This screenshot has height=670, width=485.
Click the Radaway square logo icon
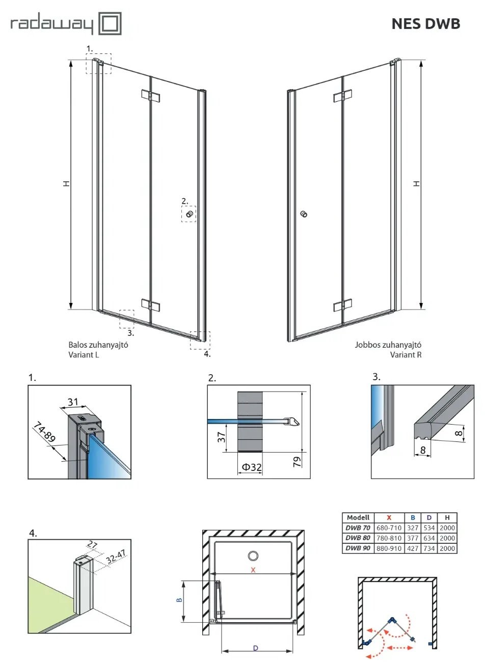(x=110, y=23)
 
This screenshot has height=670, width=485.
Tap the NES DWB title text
(x=425, y=24)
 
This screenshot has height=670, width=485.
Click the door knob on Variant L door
(x=189, y=214)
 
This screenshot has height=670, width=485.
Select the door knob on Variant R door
(x=304, y=214)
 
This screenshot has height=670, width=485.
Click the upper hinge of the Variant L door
(x=150, y=95)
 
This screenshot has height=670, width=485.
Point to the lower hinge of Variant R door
(x=342, y=305)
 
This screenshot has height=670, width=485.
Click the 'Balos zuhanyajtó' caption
(x=98, y=345)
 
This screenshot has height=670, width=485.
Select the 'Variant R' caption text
(x=406, y=355)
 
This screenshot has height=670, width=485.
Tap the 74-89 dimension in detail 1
(x=44, y=433)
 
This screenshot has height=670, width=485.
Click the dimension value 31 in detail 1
(x=73, y=402)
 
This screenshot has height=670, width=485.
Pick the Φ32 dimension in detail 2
(x=252, y=467)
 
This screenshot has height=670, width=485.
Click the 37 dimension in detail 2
(x=221, y=437)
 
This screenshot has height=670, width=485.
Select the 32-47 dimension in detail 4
(x=116, y=556)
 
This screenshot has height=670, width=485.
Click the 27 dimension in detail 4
(x=92, y=545)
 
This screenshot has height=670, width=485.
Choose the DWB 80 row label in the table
(x=358, y=538)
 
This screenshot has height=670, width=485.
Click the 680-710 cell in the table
(x=389, y=528)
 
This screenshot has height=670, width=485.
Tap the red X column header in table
(x=389, y=518)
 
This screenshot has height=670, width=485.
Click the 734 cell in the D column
(x=429, y=548)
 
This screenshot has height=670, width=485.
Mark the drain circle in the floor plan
(x=253, y=556)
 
